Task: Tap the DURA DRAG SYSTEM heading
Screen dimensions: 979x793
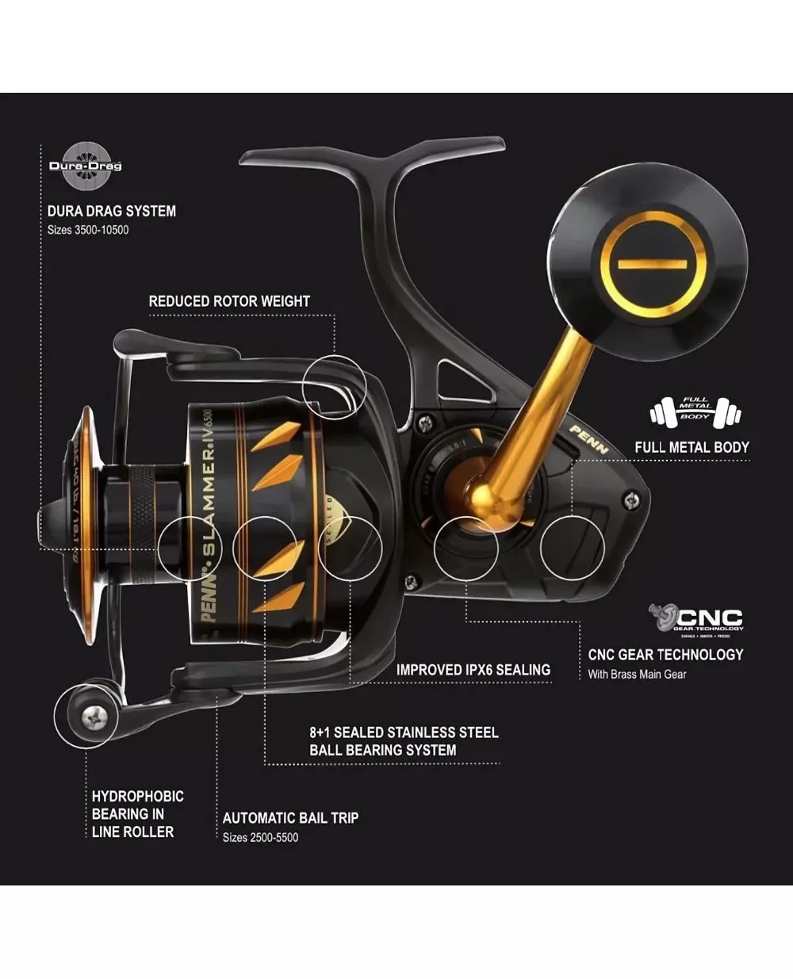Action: [x=111, y=211]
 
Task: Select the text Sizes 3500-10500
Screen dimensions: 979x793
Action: [x=88, y=230]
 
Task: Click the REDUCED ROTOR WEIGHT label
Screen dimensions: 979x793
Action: [x=229, y=301]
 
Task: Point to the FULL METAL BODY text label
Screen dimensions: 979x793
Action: [x=691, y=447]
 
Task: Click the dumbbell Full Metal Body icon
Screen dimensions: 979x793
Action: [x=695, y=413]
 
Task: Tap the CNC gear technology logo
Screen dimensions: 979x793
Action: [x=696, y=619]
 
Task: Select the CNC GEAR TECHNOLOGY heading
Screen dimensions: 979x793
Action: [x=665, y=655]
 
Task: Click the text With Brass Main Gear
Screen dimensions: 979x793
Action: [x=637, y=675]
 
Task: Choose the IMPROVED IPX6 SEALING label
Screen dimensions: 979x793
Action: [x=473, y=670]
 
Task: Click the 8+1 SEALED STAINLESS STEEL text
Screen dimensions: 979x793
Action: [x=404, y=732]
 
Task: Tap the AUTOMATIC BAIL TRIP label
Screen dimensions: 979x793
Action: [x=290, y=818]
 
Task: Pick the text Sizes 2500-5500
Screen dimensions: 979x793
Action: [x=260, y=838]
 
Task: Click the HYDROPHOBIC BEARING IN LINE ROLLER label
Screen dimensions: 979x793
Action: [x=137, y=814]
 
